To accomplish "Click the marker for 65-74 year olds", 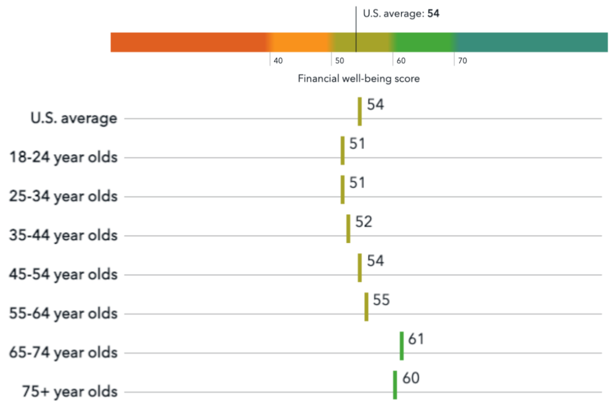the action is (401, 346).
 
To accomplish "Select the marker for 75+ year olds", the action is (395, 385).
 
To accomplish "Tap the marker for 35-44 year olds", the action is (348, 229).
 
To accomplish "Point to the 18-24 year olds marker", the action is (343, 151).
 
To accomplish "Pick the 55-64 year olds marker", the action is (366, 307).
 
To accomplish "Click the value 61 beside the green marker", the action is (416, 339).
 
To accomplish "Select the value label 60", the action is (411, 378).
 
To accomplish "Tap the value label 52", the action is (364, 222).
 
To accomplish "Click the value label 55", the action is (381, 300).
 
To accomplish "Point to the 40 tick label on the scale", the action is (278, 61).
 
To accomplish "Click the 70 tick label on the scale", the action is (463, 61).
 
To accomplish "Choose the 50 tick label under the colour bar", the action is (339, 61).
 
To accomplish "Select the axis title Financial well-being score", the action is (358, 79).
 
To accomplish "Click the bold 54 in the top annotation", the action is (433, 13).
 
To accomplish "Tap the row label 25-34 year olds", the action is (63, 196).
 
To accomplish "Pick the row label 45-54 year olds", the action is (63, 275).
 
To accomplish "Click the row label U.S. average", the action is (74, 118).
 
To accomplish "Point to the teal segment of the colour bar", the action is (531, 43).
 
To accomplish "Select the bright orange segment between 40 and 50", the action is (301, 43).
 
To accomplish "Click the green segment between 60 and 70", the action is (423, 43).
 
